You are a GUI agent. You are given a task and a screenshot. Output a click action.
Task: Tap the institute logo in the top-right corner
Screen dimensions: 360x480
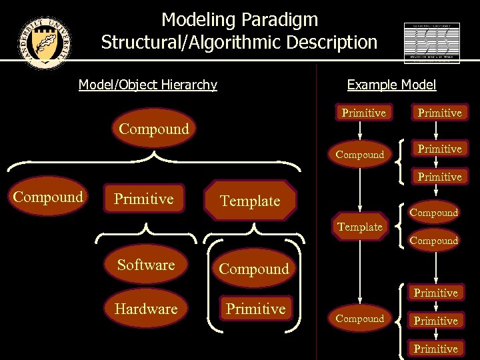coord(431,43)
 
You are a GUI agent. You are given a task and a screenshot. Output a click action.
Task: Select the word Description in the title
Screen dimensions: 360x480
coord(329,43)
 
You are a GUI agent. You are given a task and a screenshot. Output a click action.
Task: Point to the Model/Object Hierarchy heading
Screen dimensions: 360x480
coord(147,85)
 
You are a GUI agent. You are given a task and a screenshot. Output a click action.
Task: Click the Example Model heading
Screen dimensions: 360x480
coord(391,85)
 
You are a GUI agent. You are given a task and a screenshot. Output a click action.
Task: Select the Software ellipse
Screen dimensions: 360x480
coord(146,265)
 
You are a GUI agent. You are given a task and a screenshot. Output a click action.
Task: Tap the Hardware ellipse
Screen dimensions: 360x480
coord(146,309)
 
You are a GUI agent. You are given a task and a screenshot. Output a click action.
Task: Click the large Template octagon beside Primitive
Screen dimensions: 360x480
coord(250,201)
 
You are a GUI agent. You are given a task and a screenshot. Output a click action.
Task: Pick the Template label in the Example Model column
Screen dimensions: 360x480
coord(360,227)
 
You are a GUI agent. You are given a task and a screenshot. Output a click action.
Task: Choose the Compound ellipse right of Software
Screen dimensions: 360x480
coord(253,269)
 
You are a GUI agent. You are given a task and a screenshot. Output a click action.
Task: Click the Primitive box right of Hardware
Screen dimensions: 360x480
coord(255,309)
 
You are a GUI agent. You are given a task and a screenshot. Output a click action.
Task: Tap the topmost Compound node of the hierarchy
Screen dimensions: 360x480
coord(153,129)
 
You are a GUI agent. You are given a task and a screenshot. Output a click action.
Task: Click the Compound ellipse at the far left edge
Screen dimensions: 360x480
coord(48,197)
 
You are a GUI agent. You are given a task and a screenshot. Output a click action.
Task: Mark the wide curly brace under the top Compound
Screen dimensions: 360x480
coord(153,161)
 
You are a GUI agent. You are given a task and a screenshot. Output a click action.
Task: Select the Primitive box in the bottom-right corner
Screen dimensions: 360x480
coord(435,349)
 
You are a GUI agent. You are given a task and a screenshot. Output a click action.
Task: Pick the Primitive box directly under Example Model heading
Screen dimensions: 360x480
coord(363,113)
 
